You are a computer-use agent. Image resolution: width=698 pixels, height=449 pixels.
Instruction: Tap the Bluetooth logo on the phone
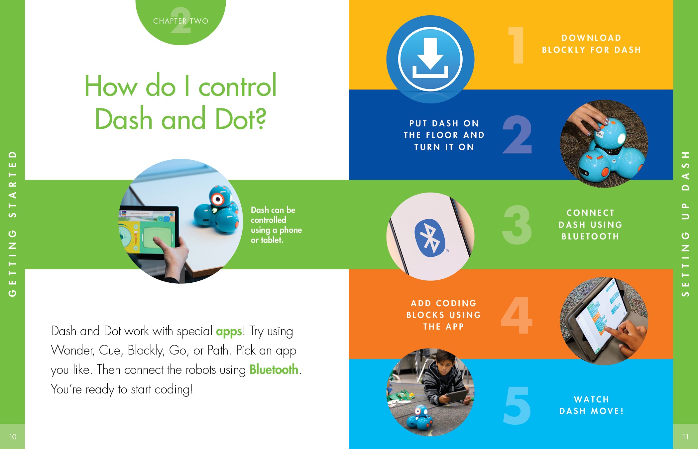(430, 237)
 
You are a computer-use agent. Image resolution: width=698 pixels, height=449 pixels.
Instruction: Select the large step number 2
(517, 134)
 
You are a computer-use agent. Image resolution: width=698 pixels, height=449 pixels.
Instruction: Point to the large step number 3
(517, 225)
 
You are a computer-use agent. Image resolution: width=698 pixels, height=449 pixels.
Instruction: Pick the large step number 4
(517, 315)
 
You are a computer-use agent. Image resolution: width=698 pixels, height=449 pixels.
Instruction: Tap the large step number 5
(517, 405)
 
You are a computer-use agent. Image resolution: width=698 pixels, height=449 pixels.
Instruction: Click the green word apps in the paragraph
(229, 332)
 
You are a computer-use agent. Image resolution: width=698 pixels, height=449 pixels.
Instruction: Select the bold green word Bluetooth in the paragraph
(274, 370)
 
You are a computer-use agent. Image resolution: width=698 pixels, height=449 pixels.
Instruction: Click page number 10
(13, 437)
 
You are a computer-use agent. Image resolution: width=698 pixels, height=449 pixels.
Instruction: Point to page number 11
(685, 437)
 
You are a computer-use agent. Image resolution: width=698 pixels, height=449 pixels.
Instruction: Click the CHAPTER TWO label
(181, 21)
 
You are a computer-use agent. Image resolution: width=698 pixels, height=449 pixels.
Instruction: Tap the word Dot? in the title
(241, 119)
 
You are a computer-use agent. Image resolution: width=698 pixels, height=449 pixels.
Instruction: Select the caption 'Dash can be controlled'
(273, 215)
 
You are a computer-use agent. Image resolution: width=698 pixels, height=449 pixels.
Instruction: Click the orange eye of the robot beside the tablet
(218, 199)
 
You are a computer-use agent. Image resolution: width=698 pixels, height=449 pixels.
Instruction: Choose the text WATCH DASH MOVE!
(591, 405)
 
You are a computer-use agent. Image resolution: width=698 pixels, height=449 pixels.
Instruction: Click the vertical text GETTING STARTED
(12, 224)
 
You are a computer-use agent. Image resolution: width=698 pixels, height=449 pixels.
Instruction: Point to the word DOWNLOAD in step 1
(591, 38)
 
